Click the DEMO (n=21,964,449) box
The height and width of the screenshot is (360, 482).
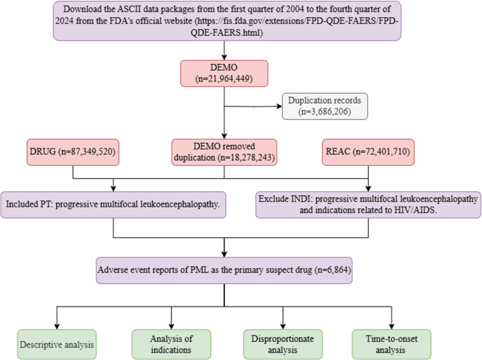[x=224, y=73]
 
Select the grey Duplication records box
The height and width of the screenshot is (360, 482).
[x=325, y=106]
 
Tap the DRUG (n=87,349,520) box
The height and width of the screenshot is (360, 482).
[x=73, y=153]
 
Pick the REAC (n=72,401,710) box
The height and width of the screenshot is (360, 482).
[x=368, y=152]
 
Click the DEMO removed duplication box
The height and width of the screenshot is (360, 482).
[x=224, y=152]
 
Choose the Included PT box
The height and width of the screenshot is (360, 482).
[x=113, y=205]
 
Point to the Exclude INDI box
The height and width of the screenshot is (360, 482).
[x=368, y=205]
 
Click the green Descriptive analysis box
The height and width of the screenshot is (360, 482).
[x=57, y=344]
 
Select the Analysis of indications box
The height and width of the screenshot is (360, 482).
[x=171, y=344]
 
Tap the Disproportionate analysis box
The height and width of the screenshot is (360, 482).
[x=283, y=344]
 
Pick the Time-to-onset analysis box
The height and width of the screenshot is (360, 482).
[x=391, y=344]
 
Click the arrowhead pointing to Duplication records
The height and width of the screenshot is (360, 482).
[x=279, y=107]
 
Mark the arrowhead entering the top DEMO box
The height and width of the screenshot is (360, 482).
[x=224, y=57]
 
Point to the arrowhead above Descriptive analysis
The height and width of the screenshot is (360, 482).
[x=57, y=327]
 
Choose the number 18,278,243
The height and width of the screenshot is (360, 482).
[x=251, y=158]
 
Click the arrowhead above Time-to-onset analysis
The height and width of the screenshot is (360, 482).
[x=391, y=327]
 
